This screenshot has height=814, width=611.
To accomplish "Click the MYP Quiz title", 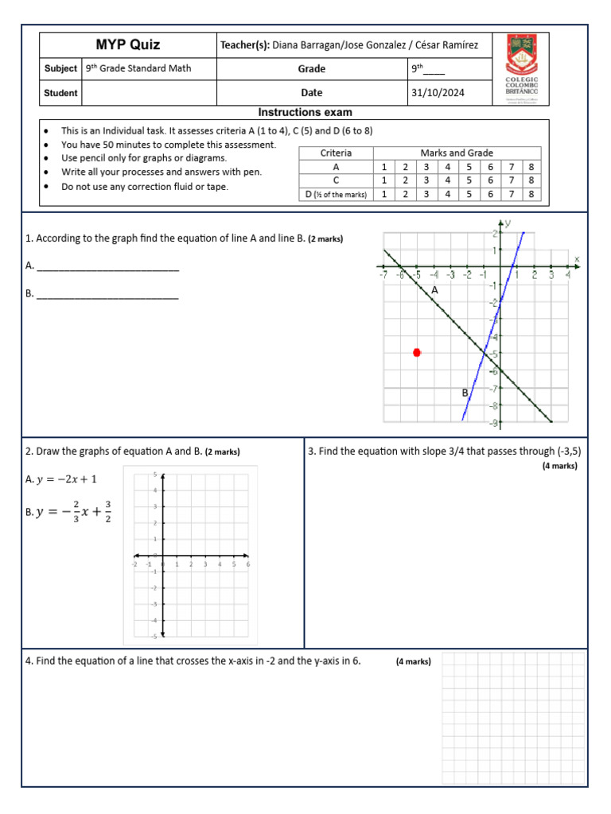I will pyautogui.click(x=127, y=45).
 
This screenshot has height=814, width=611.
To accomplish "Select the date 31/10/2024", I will pyautogui.click(x=438, y=93).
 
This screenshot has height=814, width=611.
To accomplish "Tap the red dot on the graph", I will pyautogui.click(x=417, y=352).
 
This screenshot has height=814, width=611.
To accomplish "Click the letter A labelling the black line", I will pyautogui.click(x=434, y=291).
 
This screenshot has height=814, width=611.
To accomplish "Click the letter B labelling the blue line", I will pyautogui.click(x=465, y=393).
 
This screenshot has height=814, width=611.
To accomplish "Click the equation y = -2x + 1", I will pyautogui.click(x=68, y=479).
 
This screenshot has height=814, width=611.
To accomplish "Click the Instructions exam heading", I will pyautogui.click(x=305, y=113).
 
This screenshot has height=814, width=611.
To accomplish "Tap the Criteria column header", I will pyautogui.click(x=336, y=153).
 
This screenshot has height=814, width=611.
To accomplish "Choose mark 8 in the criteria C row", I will pyautogui.click(x=531, y=180).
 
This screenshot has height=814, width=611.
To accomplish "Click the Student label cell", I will pyautogui.click(x=60, y=93).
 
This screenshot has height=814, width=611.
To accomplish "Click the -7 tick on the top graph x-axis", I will pyautogui.click(x=383, y=275).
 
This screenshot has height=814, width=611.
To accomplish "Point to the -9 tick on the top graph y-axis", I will pyautogui.click(x=494, y=424).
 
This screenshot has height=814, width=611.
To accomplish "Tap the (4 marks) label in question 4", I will pyautogui.click(x=413, y=661).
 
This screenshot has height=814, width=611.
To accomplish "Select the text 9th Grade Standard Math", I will pyautogui.click(x=138, y=68).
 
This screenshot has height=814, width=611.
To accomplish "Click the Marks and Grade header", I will pyautogui.click(x=457, y=153).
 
